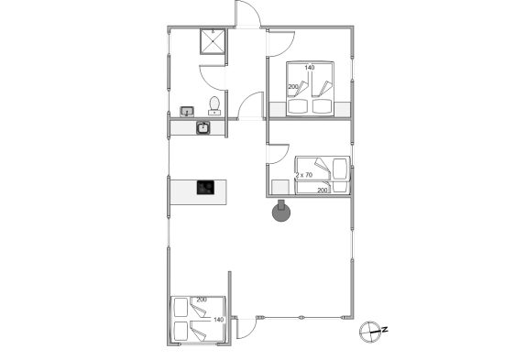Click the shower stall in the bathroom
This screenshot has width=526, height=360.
coord(213,41)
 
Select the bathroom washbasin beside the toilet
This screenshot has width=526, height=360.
coord(187,111)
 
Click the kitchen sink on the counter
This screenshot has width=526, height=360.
coord(203,127)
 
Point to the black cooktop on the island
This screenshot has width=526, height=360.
coord(205,188)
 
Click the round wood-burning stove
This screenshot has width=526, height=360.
coord(281,212)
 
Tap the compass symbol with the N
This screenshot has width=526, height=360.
coord(371,332)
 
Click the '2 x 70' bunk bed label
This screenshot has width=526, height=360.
coord(304,175)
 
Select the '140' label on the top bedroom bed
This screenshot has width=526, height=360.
coord(310,68)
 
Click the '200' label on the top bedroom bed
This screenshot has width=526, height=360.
coord(293,86)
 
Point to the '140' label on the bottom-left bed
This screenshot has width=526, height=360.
coord(218,320)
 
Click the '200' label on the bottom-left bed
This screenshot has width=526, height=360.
coord(202,300)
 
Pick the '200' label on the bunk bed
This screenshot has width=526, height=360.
coord(322,190)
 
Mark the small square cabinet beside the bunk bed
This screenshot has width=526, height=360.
coord(280,188)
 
